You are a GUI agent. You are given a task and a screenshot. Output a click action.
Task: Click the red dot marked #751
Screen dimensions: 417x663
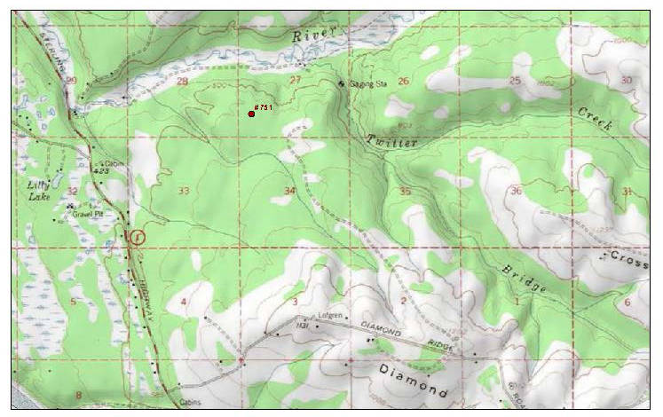click(x=252, y=114)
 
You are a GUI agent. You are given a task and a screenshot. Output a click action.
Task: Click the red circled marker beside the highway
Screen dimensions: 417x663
click(x=137, y=237)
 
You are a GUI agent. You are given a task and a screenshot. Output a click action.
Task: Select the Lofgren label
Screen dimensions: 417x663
click(x=331, y=316)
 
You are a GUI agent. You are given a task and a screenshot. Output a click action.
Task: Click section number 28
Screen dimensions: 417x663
click(x=183, y=82)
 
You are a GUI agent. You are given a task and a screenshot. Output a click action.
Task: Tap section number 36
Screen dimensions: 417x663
click(x=516, y=191)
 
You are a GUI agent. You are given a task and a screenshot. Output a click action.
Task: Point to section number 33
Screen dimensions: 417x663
click(x=184, y=191)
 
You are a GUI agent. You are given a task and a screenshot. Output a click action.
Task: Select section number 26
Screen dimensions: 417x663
click(x=404, y=82)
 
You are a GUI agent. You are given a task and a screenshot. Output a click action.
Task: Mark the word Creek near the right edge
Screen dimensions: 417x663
click(x=595, y=119)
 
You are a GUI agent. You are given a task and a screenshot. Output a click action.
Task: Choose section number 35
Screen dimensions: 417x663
click(x=406, y=191)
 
